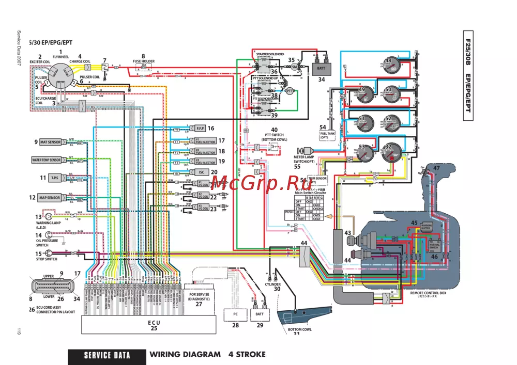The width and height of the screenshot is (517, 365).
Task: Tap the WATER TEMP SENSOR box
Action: pyautogui.click(x=47, y=160)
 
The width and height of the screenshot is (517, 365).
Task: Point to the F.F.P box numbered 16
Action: pyautogui.click(x=199, y=128)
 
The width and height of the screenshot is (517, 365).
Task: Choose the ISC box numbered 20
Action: pyautogui.click(x=199, y=172)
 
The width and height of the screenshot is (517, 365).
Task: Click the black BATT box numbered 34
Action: pyautogui.click(x=321, y=68)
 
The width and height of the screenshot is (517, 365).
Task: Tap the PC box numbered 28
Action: pyautogui.click(x=235, y=314)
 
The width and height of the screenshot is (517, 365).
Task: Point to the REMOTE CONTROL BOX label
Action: pyautogui.click(x=428, y=293)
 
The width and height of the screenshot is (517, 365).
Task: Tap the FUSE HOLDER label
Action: pyautogui.click(x=144, y=61)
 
